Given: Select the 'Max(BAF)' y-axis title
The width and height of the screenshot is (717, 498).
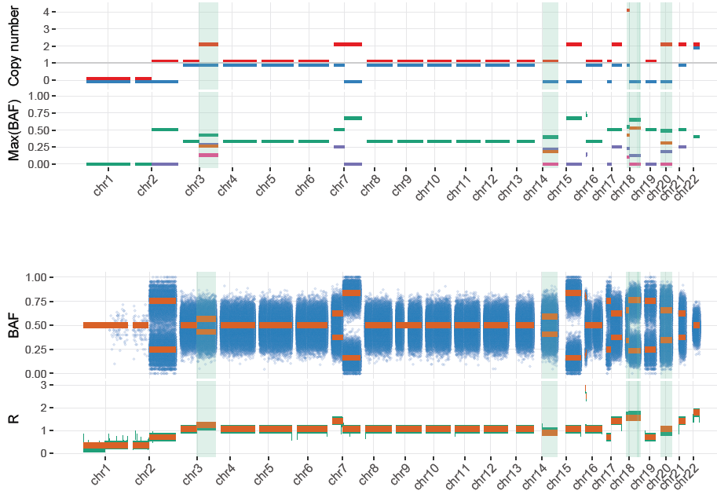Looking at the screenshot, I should click(14, 129).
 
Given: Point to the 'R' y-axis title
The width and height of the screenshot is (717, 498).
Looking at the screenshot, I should click(13, 419).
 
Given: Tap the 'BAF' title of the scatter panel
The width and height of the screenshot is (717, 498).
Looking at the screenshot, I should click(13, 324).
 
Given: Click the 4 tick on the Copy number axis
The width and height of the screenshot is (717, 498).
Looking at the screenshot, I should click(46, 12).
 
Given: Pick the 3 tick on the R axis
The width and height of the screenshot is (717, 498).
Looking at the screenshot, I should click(46, 385).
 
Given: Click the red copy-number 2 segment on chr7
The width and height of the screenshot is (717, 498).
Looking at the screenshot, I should click(348, 44).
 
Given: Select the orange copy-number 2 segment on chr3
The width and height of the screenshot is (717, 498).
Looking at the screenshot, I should click(208, 44).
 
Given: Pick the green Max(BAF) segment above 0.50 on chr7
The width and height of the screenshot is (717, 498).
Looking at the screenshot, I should click(353, 118).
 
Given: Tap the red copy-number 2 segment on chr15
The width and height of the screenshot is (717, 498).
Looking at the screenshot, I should click(574, 44).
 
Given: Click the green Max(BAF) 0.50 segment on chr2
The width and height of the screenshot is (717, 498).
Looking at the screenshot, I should click(165, 130).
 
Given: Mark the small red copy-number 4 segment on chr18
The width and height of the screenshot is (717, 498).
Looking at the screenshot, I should click(628, 10).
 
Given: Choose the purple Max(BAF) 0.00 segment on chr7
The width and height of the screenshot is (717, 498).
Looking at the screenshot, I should click(353, 164).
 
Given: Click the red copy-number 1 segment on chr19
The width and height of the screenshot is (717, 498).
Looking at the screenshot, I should click(651, 60).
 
